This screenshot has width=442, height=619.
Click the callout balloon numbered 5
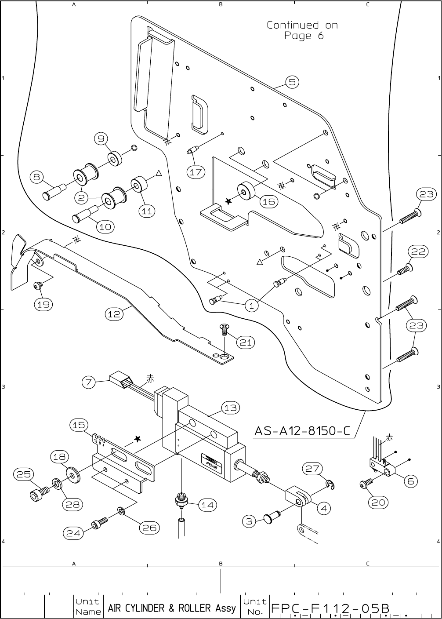point(293,82)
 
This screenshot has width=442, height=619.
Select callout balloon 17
point(196,172)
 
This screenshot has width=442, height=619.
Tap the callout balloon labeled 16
point(269,201)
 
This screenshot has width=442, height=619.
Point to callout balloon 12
point(114,314)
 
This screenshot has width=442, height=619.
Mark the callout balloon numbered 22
point(419,251)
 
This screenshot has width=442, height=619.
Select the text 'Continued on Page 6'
point(303,30)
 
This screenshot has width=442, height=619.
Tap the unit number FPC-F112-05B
point(330,608)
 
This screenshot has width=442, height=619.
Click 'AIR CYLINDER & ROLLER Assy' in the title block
point(172,608)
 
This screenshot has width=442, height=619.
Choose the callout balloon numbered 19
point(44,304)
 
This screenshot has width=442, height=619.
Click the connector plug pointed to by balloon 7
point(121,379)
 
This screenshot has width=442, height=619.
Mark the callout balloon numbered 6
point(411,481)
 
